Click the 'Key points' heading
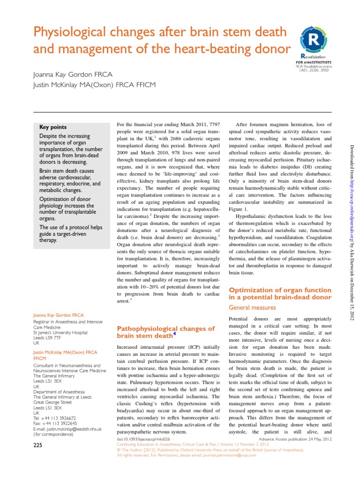[x=53, y=127]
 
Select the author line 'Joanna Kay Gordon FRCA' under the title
[x=72, y=75]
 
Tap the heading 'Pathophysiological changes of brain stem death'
[x=165, y=332]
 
